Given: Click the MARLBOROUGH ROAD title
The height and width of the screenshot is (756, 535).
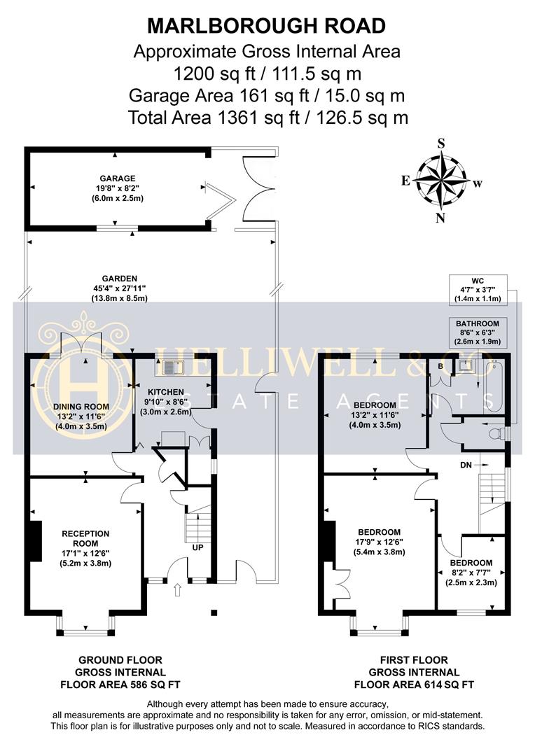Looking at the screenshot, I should [267, 26].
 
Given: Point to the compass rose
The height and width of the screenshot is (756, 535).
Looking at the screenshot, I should [440, 178].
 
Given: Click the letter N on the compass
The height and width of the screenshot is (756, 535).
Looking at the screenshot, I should [440, 217].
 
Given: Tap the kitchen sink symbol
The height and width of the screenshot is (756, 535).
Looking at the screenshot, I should [171, 365].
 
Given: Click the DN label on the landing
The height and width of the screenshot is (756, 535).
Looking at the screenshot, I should [466, 464].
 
